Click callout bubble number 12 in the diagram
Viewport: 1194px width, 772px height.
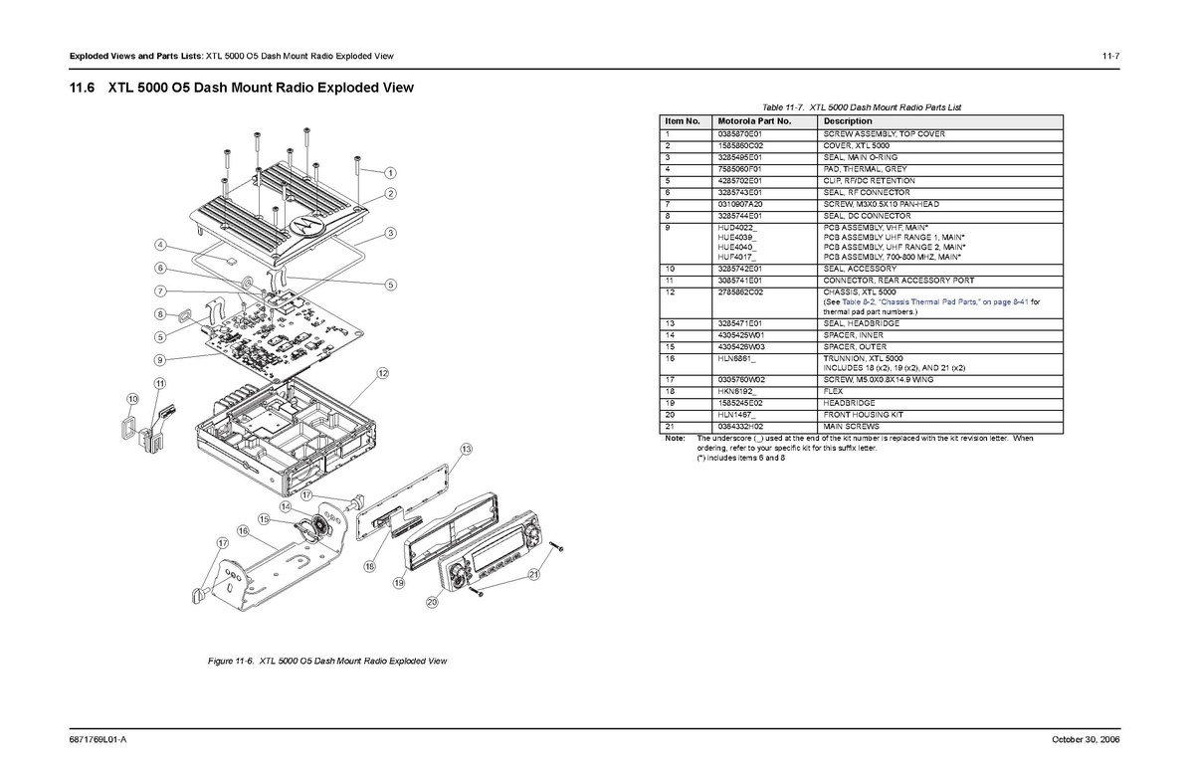click(383, 373)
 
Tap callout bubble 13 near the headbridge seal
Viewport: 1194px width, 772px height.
click(467, 449)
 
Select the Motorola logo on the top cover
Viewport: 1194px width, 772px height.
click(305, 224)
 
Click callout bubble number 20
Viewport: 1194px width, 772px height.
click(432, 602)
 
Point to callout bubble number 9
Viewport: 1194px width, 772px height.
click(160, 360)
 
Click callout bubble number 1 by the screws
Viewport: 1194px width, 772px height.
click(390, 173)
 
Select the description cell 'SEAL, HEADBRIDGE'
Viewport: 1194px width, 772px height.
click(862, 324)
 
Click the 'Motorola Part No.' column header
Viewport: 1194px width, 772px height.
click(754, 121)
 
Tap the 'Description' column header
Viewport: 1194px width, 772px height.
click(848, 121)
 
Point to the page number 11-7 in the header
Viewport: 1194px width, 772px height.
click(1110, 56)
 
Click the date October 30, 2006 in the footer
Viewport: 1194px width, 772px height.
click(1086, 739)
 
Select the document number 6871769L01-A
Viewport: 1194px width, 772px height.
click(99, 739)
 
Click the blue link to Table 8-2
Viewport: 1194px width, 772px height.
click(935, 302)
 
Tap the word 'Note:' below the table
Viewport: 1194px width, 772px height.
click(675, 439)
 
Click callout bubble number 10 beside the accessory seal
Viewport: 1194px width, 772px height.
click(132, 399)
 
